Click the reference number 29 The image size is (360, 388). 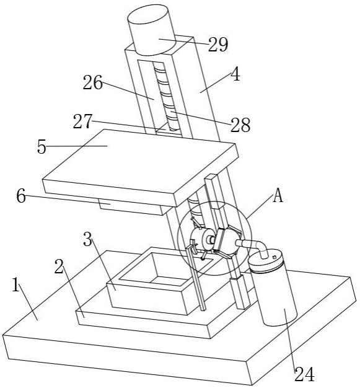(x=217, y=45)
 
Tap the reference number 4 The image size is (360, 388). (x=236, y=74)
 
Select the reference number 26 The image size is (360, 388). (x=92, y=82)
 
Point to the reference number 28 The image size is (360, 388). (x=240, y=125)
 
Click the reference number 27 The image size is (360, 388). (x=82, y=121)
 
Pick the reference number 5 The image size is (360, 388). (x=42, y=147)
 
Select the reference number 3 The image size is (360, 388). (x=87, y=239)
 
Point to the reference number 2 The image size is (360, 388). (x=59, y=267)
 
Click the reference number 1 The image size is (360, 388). (x=15, y=284)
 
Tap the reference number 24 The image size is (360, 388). (x=304, y=374)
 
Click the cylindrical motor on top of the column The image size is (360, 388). (x=152, y=30)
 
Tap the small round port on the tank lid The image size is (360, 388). (x=274, y=257)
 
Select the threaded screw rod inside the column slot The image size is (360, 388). (x=165, y=97)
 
